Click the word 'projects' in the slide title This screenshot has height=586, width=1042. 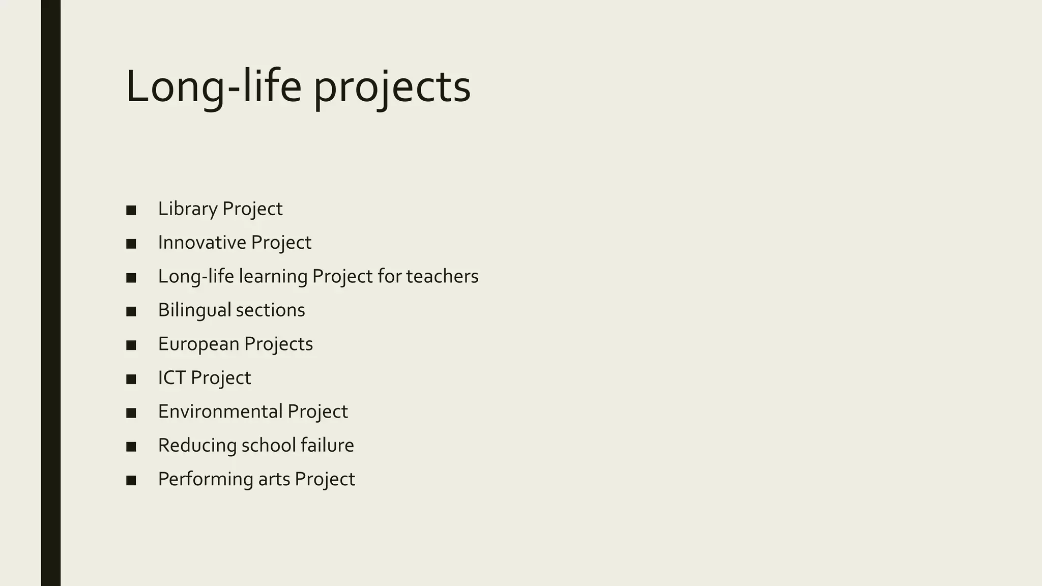tap(392, 87)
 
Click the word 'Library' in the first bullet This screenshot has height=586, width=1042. tap(188, 209)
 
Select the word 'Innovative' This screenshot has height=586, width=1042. tap(202, 243)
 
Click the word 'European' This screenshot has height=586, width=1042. tap(198, 344)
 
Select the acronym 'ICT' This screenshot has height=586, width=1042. tap(172, 378)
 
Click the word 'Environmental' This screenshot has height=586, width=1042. tap(220, 412)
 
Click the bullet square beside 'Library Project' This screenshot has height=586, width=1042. tap(131, 210)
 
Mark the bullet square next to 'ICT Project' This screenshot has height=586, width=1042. tap(131, 379)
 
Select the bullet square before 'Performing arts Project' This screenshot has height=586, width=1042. tap(131, 480)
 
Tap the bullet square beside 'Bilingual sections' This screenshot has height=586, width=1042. tap(131, 311)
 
